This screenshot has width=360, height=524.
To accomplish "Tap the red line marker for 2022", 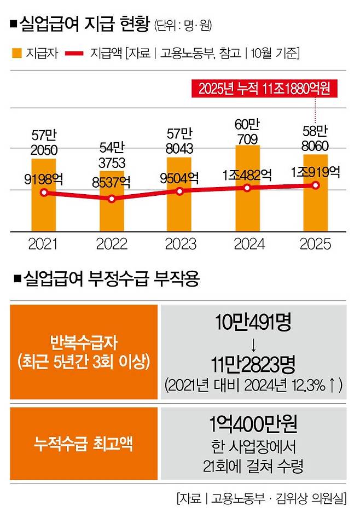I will [112, 199].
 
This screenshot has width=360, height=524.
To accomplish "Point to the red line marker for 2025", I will [316, 185].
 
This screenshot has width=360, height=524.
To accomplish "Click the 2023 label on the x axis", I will [179, 244].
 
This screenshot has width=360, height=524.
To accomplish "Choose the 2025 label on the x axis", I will [316, 244].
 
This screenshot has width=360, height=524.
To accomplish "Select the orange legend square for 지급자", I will [16, 54].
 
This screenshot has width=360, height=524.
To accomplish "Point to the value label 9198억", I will [43, 177].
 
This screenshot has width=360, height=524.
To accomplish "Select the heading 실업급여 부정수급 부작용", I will [109, 280].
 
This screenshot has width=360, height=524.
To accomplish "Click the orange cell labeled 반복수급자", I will [84, 352].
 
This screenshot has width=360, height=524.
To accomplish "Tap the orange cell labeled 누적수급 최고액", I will [84, 444].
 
